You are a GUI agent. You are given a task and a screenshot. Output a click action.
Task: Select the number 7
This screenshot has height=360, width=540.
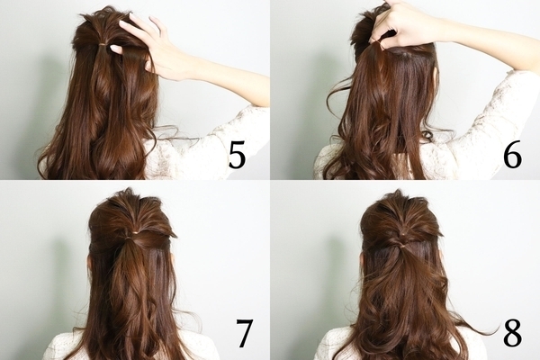point(244,334)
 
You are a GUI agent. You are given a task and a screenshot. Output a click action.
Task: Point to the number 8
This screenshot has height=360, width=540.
point(512,334)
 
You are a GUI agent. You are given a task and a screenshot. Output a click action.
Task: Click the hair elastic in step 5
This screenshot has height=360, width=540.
point(103,44)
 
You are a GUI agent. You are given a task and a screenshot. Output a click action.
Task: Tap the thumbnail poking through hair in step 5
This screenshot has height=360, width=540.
point(116,49)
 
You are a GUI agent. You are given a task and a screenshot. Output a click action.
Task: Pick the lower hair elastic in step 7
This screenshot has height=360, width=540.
point(130,238)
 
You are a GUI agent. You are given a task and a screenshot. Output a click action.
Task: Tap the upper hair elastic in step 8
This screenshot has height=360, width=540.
point(402,235)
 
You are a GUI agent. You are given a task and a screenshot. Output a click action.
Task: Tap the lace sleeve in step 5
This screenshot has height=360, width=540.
point(207,145)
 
